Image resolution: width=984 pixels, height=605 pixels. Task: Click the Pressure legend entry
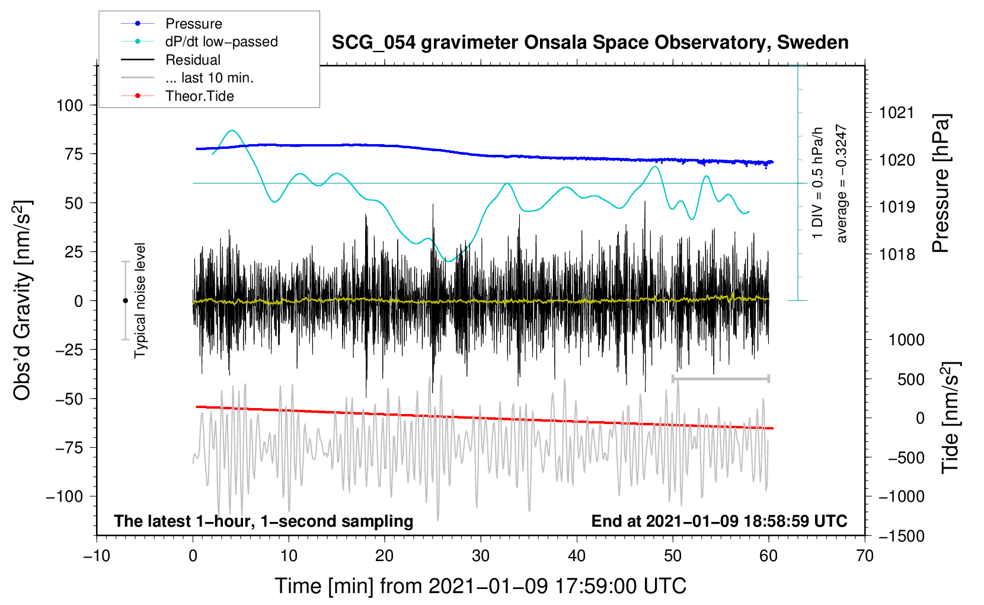[x=172, y=23]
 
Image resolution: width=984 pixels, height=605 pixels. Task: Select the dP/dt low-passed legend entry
[x=199, y=42]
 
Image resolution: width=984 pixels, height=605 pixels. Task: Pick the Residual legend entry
[x=171, y=60]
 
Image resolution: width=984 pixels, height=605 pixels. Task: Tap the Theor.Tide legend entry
[x=177, y=96]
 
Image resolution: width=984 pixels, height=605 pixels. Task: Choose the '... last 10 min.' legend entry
[x=187, y=78]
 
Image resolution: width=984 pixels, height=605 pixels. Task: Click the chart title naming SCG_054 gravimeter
[x=590, y=43]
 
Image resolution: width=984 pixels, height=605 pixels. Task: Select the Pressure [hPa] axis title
[x=941, y=183]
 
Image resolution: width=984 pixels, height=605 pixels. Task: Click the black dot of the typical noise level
[x=125, y=301]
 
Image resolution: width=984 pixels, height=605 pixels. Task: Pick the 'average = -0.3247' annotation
[x=841, y=183]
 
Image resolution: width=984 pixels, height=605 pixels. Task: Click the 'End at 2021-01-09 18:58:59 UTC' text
[x=719, y=521]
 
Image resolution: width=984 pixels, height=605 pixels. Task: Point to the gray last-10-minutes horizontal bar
[x=720, y=378]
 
